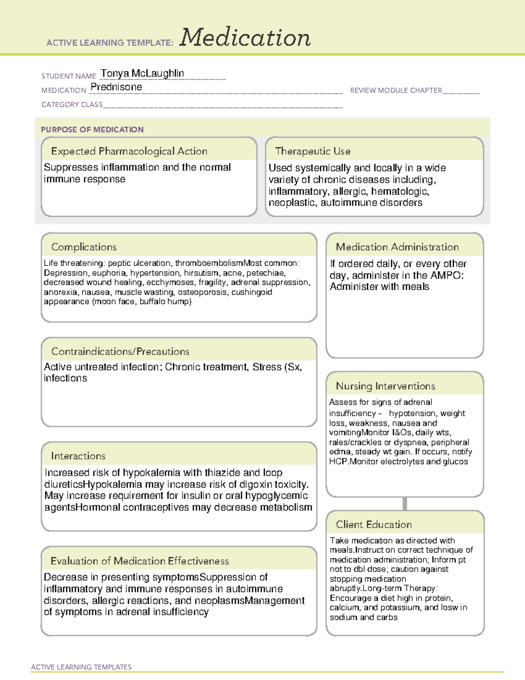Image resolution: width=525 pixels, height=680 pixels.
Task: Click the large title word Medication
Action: click(x=245, y=38)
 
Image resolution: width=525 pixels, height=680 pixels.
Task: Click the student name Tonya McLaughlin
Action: click(x=142, y=73)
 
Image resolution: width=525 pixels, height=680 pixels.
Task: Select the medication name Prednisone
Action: click(x=116, y=87)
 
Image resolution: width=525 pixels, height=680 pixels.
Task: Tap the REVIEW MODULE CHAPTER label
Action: click(x=396, y=90)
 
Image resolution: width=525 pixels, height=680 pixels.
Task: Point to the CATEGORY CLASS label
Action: click(x=72, y=105)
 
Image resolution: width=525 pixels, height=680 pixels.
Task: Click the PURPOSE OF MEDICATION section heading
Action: click(x=92, y=130)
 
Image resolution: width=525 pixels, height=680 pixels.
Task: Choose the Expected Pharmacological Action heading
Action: click(x=129, y=151)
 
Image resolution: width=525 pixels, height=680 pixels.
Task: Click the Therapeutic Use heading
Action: click(x=312, y=151)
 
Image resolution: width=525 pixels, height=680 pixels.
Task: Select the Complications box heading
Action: click(x=84, y=247)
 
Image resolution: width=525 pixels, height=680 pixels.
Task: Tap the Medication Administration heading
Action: click(x=397, y=247)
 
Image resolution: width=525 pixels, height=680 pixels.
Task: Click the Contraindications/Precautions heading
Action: click(x=120, y=352)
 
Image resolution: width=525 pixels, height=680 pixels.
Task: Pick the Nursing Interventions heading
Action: click(x=385, y=386)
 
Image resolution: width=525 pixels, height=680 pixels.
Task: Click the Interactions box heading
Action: click(x=78, y=456)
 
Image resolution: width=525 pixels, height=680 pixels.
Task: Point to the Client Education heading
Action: click(x=374, y=525)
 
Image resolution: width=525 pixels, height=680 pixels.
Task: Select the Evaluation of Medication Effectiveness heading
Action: click(x=140, y=561)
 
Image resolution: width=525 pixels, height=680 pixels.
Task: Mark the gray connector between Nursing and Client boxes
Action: click(x=405, y=504)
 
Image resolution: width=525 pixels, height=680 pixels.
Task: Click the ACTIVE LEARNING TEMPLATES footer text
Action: click(x=81, y=667)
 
